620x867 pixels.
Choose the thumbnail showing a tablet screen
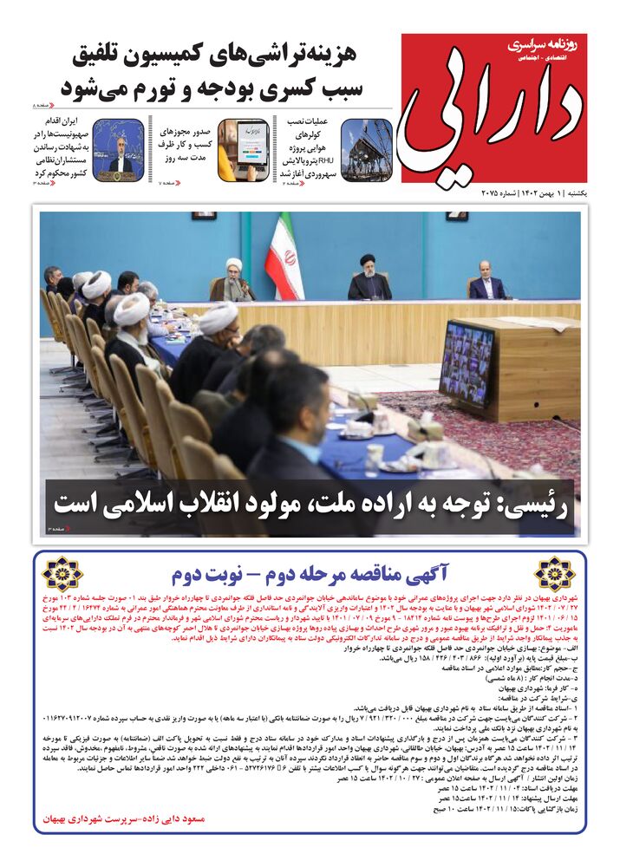point(242,148)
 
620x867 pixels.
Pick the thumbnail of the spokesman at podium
point(118,148)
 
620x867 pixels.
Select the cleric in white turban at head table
point(233,279)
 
